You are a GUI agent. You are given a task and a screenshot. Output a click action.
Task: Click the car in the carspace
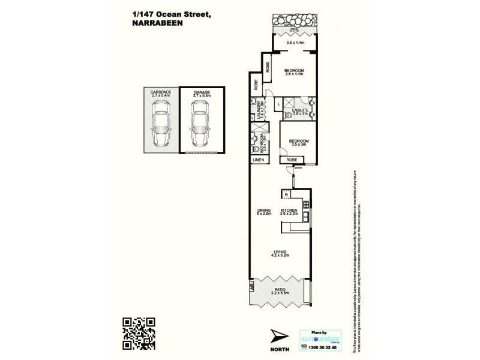tap(160, 124)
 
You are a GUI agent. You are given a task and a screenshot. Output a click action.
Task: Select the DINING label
tap(265, 210)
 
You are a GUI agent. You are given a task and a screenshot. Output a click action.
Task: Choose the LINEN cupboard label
tap(258, 160)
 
